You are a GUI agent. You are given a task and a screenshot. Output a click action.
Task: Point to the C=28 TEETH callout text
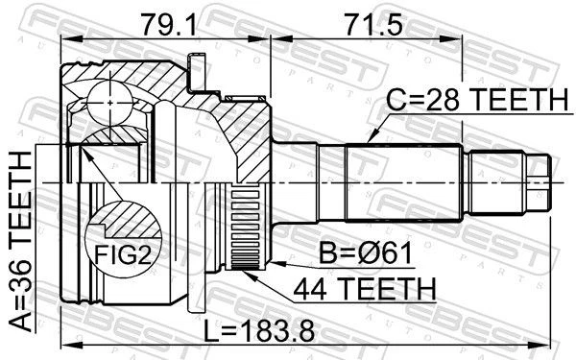pyautogui.click(x=477, y=98)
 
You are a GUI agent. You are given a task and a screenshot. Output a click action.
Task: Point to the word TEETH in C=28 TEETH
pyautogui.click(x=518, y=98)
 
